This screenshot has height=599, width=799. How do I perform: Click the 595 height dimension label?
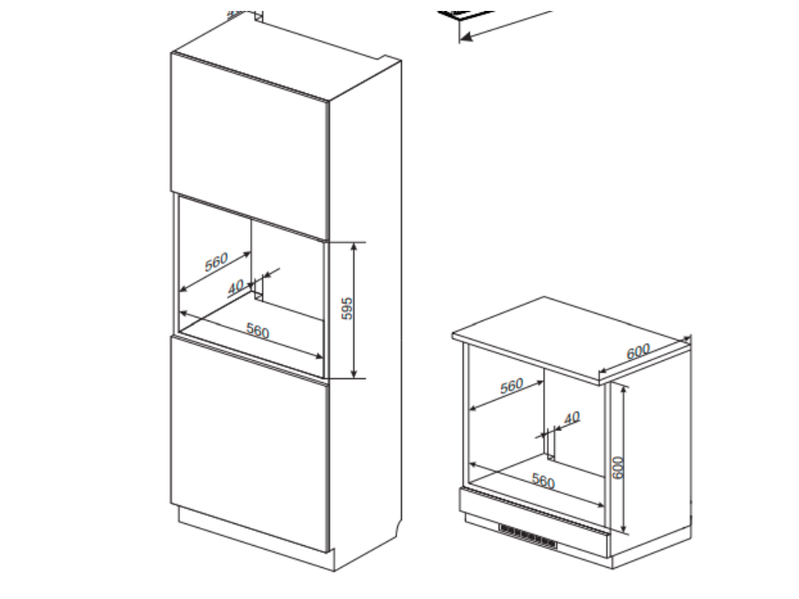(346, 309)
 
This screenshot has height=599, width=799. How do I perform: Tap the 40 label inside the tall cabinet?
(236, 287)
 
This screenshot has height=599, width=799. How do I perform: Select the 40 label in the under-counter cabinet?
(572, 418)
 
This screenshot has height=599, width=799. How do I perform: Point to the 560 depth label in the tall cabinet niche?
(216, 262)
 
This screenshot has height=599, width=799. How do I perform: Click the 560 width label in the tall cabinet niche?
(257, 331)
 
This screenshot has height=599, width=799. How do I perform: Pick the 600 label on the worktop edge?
(638, 352)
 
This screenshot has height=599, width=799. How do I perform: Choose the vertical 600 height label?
(618, 468)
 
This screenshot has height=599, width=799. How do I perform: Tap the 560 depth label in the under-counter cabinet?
(512, 385)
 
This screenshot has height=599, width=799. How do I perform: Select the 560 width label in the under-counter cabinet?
(543, 480)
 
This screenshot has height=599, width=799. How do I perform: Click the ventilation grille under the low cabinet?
(528, 537)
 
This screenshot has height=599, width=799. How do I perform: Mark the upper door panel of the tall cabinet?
(250, 145)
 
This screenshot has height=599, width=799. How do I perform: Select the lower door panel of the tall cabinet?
(250, 443)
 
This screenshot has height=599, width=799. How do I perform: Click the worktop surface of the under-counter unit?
(570, 337)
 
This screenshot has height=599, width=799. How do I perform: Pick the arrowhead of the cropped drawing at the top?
(465, 37)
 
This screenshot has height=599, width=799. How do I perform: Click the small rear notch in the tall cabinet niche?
(258, 294)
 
